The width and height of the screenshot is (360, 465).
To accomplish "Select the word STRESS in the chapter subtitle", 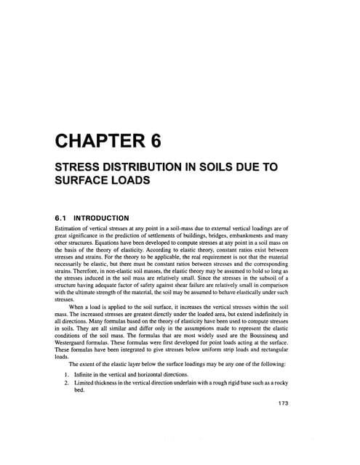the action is pyautogui.click(x=79, y=168).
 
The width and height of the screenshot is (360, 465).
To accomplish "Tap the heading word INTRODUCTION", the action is pyautogui.click(x=102, y=217).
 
